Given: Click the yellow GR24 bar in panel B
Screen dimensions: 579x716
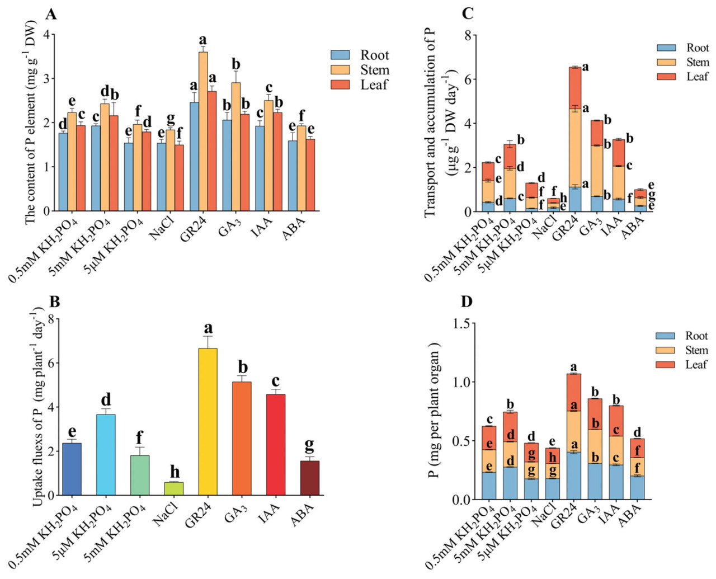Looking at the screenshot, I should pyautogui.click(x=208, y=422).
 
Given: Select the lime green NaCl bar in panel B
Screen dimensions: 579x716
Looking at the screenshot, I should pyautogui.click(x=174, y=488).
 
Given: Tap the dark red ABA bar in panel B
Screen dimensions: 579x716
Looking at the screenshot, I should pyautogui.click(x=309, y=478).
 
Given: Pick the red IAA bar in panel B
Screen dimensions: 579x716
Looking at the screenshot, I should pyautogui.click(x=275, y=445).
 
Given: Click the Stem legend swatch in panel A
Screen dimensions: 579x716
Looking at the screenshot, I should pyautogui.click(x=340, y=70).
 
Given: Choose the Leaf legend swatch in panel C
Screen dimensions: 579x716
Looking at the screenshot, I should pyautogui.click(x=666, y=77).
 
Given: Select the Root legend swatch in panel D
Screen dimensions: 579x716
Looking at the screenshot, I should pyautogui.click(x=665, y=336).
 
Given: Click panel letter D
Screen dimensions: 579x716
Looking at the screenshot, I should pyautogui.click(x=466, y=302).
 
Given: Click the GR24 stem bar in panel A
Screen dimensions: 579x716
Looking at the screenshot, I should pyautogui.click(x=203, y=131).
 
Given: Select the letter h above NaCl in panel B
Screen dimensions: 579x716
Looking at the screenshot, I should pyautogui.click(x=175, y=472).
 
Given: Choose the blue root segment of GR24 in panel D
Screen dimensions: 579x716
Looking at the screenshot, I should pyautogui.click(x=573, y=476).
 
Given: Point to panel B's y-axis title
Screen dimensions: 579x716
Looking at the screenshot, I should pyautogui.click(x=37, y=407).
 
